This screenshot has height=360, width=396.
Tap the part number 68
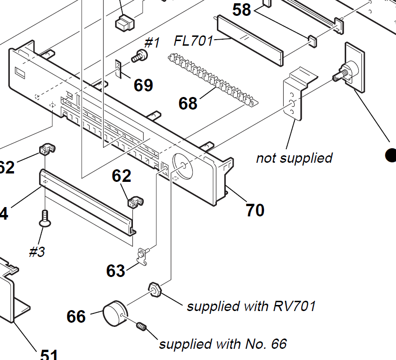188,103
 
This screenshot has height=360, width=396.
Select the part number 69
143,85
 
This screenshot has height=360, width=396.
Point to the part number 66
76,317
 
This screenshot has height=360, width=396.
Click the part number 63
116,270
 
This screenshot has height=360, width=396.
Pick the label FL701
193,41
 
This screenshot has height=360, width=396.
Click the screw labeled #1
139,57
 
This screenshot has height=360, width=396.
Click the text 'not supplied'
294,158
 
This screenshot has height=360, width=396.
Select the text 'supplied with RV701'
251,306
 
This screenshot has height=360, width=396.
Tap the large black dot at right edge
391,155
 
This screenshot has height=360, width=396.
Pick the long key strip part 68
212,78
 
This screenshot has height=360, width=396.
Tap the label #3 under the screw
37,252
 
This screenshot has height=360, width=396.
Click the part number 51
49,355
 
